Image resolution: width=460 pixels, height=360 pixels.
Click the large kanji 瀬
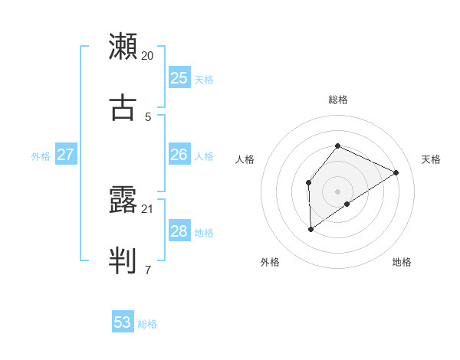pos(123,47)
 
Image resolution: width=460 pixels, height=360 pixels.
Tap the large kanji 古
pos(123,107)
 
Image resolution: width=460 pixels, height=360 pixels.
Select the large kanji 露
pos(123,201)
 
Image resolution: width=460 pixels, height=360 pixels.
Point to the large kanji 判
pos(123,260)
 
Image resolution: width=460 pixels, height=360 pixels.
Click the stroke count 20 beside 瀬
pos(148,56)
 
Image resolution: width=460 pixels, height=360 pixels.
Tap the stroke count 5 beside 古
pos(148,116)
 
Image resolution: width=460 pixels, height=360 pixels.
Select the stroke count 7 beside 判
pos(148,270)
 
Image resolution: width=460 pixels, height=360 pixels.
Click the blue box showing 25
pos(179,78)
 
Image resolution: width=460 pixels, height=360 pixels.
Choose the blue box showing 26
pos(179,155)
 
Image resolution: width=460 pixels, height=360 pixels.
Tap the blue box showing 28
pos(179,231)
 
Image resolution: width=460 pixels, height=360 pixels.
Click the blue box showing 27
pos(65,155)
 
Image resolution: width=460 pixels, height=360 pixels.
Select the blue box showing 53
pos(123,322)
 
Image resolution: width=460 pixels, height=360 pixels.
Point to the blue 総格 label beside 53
pos(147,324)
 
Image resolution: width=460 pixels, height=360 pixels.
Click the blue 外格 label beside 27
pos(41,155)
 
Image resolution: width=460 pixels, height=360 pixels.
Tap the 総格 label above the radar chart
pos(337,100)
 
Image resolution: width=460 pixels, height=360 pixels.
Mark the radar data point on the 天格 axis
pos(396,172)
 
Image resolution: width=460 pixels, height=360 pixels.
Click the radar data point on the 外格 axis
pos(310,228)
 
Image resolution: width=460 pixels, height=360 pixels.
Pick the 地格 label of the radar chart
pos(402,262)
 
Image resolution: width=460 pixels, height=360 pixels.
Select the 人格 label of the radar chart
pos(245,159)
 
